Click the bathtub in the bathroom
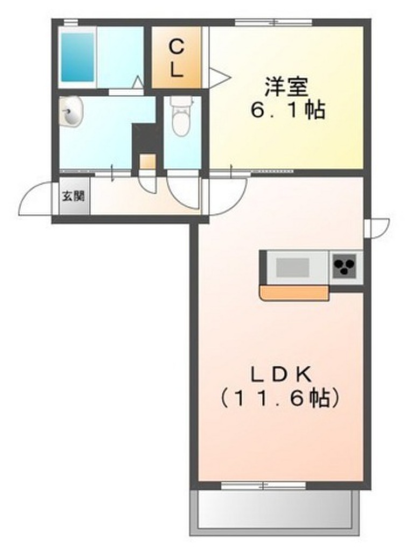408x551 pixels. [x=76, y=56]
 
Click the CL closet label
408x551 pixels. [x=177, y=58]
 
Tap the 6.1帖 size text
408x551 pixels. [x=286, y=110]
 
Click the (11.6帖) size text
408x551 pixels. [x=281, y=398]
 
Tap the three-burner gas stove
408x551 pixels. [x=344, y=266]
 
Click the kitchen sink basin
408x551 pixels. [x=293, y=266]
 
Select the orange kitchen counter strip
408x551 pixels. [x=294, y=293]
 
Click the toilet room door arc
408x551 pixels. [x=183, y=189]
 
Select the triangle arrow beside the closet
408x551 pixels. [x=219, y=77]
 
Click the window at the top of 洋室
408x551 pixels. [x=273, y=22]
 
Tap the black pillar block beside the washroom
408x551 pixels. [x=145, y=138]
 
